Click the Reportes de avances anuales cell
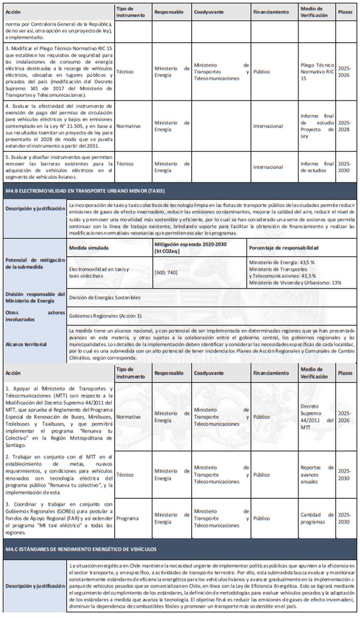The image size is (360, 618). (x=316, y=475)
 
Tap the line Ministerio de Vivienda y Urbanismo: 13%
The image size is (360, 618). (x=295, y=282)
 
